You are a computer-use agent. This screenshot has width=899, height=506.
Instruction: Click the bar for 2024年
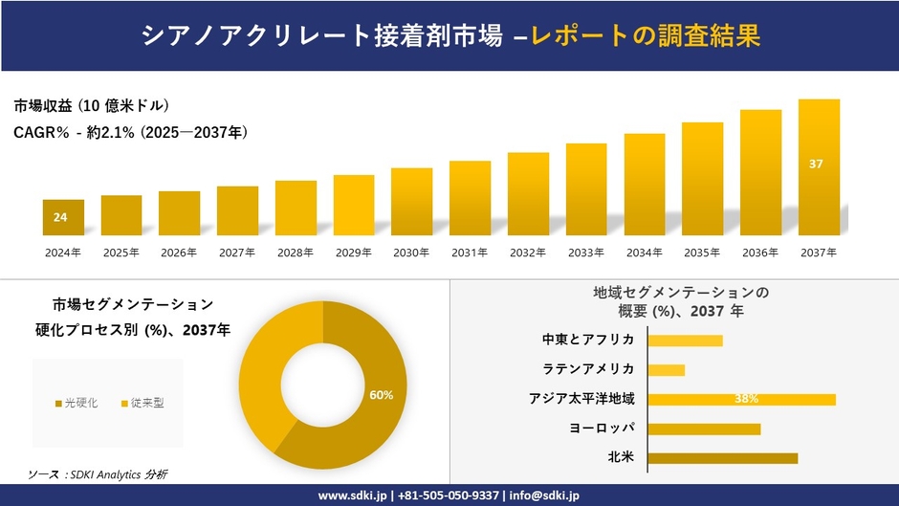tap(63, 218)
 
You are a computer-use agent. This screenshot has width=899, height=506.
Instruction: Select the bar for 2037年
tap(819, 167)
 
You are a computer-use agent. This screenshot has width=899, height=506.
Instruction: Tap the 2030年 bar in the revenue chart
tap(411, 202)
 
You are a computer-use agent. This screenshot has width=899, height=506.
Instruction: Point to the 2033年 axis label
tap(585, 253)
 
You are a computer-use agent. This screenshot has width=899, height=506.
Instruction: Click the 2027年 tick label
tap(237, 253)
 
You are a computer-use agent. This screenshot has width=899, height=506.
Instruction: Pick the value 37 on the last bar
tap(816, 165)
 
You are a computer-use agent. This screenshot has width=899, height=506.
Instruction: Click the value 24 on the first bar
tap(60, 218)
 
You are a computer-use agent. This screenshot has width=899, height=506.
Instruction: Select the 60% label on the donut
tap(382, 394)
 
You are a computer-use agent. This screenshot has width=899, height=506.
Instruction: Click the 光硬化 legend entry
tap(77, 403)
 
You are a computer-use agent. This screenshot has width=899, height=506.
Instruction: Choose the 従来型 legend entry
tap(143, 403)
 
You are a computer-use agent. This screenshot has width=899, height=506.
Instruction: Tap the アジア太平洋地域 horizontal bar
tap(741, 399)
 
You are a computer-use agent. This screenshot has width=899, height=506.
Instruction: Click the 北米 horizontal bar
tap(722, 458)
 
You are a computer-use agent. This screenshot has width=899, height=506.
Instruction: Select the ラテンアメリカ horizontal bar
tap(667, 369)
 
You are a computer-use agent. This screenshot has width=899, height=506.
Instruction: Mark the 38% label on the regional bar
tap(747, 399)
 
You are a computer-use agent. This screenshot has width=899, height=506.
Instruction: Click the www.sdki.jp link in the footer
tap(353, 495)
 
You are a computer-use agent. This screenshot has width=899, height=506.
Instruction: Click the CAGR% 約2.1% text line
tap(131, 133)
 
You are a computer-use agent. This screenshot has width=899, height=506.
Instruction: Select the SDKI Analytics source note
tap(99, 474)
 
